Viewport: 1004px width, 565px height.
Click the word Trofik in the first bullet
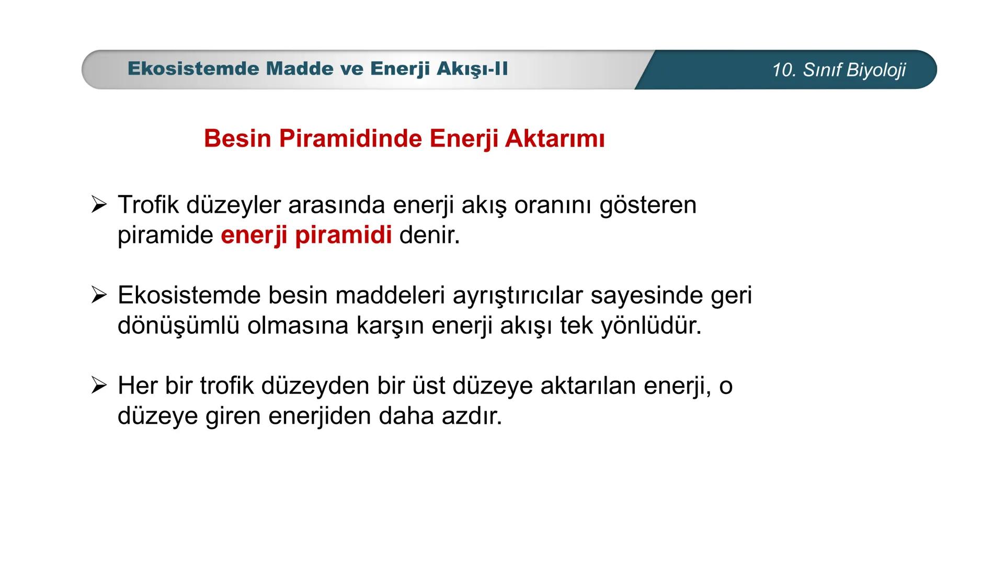(149, 205)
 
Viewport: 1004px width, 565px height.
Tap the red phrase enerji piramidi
(306, 235)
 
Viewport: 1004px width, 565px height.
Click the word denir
(429, 235)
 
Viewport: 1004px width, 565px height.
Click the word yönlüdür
(651, 325)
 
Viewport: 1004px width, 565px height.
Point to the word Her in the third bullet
(138, 386)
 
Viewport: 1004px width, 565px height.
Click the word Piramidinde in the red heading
(350, 139)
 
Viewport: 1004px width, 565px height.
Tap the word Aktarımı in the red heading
(555, 139)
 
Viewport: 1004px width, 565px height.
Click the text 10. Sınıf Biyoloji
(839, 70)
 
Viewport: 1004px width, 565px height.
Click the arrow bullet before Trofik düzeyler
(98, 205)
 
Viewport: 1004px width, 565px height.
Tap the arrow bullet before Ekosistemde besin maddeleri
(98, 296)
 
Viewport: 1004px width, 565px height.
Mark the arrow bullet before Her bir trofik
(98, 386)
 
